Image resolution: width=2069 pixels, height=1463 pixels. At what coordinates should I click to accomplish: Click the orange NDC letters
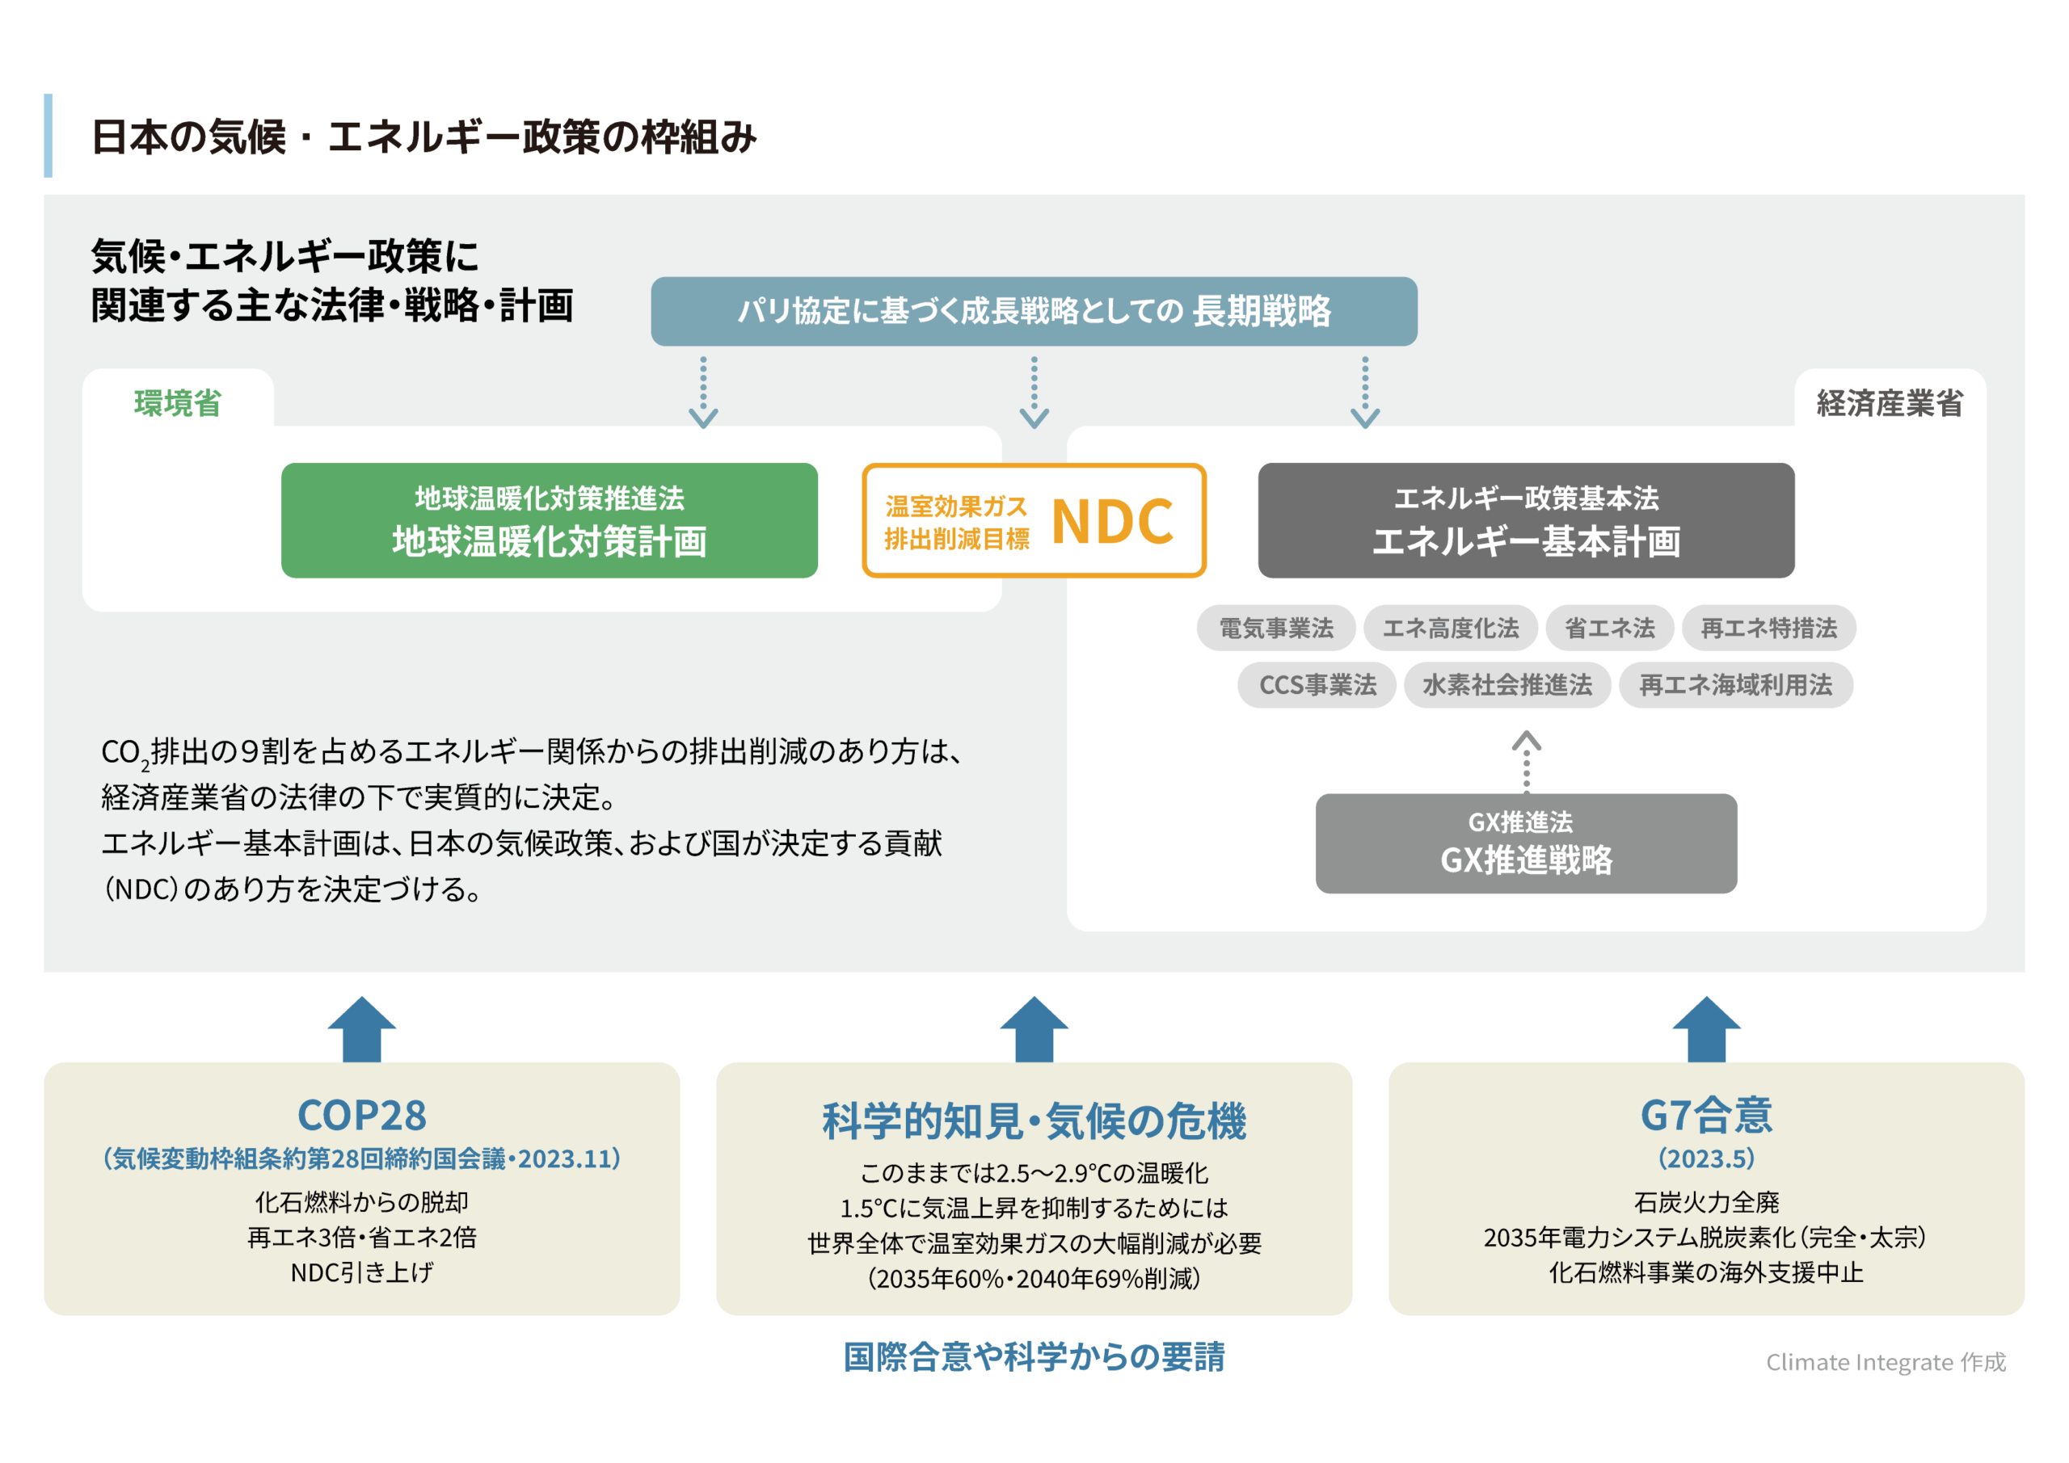(x=1112, y=522)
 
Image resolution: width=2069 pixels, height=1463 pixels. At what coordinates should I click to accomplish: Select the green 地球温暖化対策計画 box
(x=549, y=521)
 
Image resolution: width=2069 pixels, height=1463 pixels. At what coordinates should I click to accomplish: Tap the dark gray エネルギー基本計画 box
(x=1526, y=521)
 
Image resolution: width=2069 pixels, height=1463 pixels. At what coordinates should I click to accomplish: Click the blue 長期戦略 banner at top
(x=1034, y=311)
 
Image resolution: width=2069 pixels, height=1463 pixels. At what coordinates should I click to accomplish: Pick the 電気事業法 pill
(x=1275, y=628)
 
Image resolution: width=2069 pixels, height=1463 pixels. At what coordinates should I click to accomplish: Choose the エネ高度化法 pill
(x=1450, y=628)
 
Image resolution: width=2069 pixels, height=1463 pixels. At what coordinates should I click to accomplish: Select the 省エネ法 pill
(x=1609, y=628)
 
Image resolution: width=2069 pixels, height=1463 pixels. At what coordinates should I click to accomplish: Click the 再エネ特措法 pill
(x=1768, y=628)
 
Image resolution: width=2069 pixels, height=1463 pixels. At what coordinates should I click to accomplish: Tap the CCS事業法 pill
(x=1317, y=686)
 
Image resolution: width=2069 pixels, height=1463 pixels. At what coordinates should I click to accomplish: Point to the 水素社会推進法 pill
(x=1506, y=686)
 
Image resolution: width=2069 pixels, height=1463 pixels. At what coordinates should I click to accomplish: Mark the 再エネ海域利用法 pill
(x=1734, y=686)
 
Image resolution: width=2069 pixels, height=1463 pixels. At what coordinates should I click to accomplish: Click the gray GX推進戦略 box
(x=1526, y=843)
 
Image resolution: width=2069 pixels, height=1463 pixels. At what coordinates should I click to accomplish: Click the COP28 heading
(x=361, y=1116)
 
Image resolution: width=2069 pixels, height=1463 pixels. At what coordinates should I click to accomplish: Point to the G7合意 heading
(x=1706, y=1116)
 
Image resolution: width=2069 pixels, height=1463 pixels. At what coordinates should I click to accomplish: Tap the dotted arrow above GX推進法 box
(x=1526, y=761)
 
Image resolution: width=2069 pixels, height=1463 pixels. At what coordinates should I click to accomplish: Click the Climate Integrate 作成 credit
(x=1886, y=1362)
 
